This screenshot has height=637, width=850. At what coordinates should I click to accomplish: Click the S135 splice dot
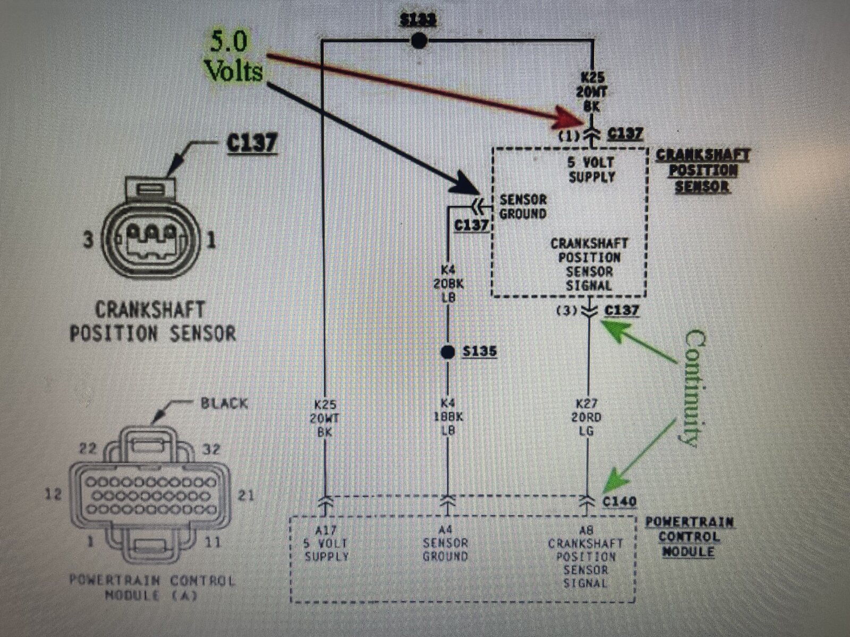[x=448, y=351]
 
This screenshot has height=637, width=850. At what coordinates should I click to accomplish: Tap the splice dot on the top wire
[x=419, y=41]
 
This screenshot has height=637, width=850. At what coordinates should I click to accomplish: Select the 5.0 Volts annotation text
[x=234, y=57]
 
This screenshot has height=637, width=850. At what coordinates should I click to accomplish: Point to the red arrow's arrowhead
[x=574, y=118]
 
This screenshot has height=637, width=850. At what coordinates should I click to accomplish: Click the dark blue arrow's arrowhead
[x=467, y=189]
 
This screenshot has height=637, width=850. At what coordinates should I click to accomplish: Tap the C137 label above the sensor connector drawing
[x=252, y=142]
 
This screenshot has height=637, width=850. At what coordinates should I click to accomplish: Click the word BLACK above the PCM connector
[x=224, y=403]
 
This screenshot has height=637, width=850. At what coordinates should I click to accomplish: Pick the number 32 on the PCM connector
[x=210, y=450]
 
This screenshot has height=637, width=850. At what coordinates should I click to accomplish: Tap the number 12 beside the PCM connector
[x=53, y=494]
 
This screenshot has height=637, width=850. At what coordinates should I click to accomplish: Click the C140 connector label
[x=619, y=501]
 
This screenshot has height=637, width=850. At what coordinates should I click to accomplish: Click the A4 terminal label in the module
[x=445, y=529]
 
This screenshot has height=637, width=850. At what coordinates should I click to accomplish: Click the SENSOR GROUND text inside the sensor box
[x=523, y=207]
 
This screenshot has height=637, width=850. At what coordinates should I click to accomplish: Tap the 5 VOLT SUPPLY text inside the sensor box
[x=591, y=170]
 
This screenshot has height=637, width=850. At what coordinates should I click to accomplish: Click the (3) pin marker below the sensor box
[x=564, y=311]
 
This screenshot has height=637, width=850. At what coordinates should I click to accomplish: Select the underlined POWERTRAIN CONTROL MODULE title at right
[x=690, y=536]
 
